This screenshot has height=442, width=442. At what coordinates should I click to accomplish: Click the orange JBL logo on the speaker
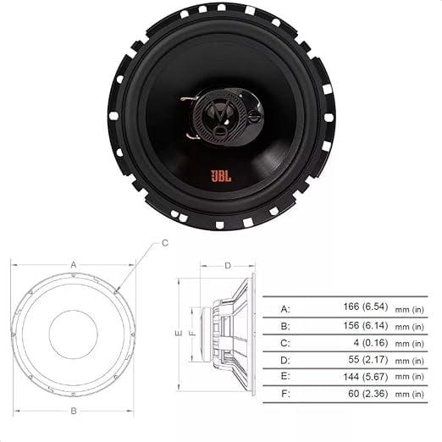click(x=219, y=177)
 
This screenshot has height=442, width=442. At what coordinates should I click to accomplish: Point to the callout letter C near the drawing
click(x=165, y=242)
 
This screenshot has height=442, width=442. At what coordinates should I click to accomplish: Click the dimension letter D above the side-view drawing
click(x=228, y=266)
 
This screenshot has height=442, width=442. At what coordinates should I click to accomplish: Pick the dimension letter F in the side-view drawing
click(x=192, y=333)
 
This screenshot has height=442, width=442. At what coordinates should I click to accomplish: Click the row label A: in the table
click(x=285, y=307)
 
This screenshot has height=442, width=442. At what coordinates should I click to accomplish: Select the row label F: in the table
click(x=285, y=394)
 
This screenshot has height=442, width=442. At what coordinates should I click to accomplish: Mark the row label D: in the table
click(x=285, y=360)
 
